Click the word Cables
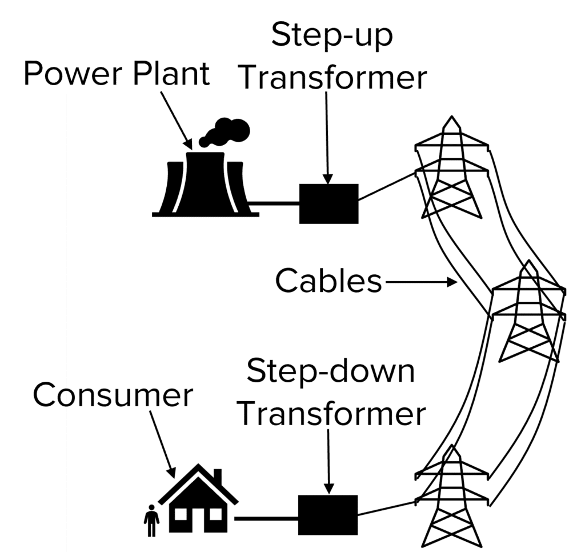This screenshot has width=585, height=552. (328, 282)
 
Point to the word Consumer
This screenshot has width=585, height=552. (113, 395)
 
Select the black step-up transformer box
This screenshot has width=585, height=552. (328, 203)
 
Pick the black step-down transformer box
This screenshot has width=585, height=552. (328, 515)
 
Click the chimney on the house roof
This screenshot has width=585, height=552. (217, 476)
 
